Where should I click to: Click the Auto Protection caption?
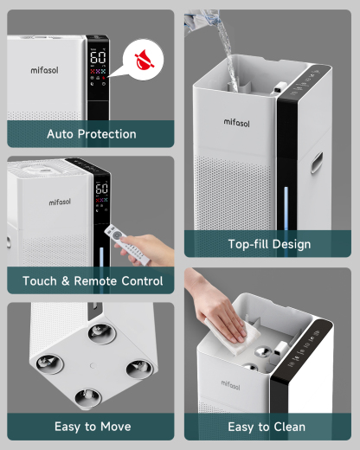point(91,134)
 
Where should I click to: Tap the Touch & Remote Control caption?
point(91,281)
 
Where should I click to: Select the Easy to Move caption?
point(91,427)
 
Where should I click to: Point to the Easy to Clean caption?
point(267,427)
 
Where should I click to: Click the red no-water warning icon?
point(141,61)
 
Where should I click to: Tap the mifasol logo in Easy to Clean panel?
point(232,382)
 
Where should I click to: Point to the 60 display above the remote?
point(101,190)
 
